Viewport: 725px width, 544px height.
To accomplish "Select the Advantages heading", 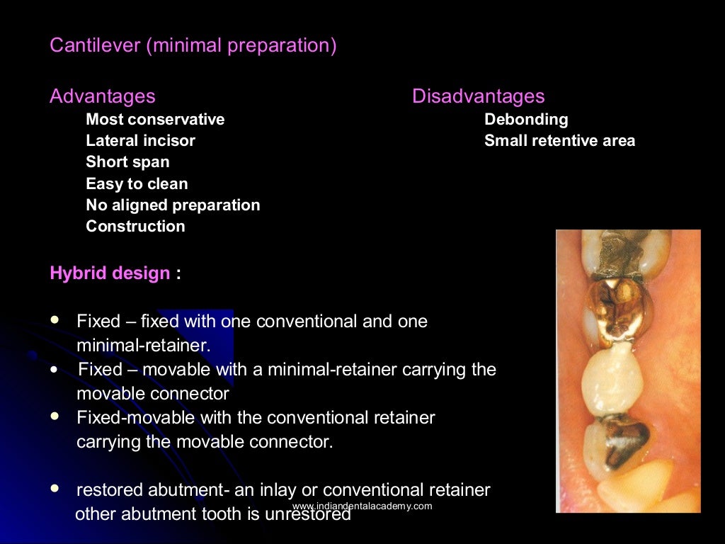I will (102, 96).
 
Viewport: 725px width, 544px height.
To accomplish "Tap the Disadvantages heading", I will (478, 96).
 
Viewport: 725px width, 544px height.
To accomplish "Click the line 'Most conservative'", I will (155, 120).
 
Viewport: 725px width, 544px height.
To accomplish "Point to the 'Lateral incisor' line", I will (140, 141).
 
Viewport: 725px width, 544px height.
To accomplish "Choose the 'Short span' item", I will (127, 162).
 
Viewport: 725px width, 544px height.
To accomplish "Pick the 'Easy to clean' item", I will (137, 184).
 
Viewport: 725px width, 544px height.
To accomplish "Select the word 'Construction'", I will (135, 227).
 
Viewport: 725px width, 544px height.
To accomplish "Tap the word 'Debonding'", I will (526, 120).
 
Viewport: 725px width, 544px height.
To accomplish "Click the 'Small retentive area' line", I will (559, 141).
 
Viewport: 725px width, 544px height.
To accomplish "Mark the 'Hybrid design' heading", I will (110, 273).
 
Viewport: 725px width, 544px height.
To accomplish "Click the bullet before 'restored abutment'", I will (55, 489).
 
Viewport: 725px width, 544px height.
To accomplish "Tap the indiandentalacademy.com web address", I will (362, 506).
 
